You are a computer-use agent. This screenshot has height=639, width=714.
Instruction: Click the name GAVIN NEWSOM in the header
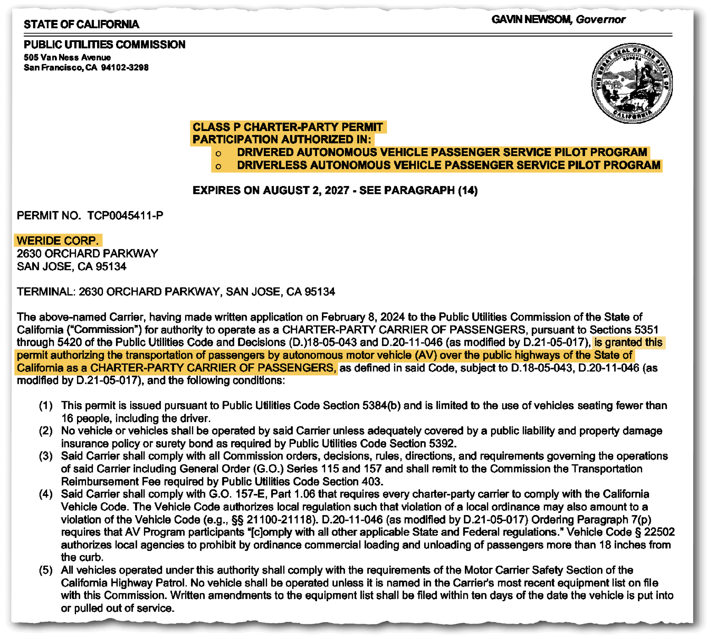click(531, 20)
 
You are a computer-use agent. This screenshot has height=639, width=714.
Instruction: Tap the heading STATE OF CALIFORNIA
click(81, 24)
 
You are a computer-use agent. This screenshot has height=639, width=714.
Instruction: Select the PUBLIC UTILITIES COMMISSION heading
click(105, 45)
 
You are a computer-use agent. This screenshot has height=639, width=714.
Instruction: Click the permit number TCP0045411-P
click(125, 215)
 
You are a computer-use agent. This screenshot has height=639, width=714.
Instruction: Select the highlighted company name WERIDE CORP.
click(58, 241)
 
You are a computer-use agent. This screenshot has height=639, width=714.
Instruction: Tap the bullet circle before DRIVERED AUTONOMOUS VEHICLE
click(218, 154)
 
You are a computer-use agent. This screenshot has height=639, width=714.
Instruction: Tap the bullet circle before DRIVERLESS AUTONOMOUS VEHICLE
click(218, 166)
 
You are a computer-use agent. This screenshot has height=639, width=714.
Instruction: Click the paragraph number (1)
click(45, 406)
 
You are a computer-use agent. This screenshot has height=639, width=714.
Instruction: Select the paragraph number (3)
click(45, 456)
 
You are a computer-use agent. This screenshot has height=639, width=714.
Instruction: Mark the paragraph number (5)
click(45, 570)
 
